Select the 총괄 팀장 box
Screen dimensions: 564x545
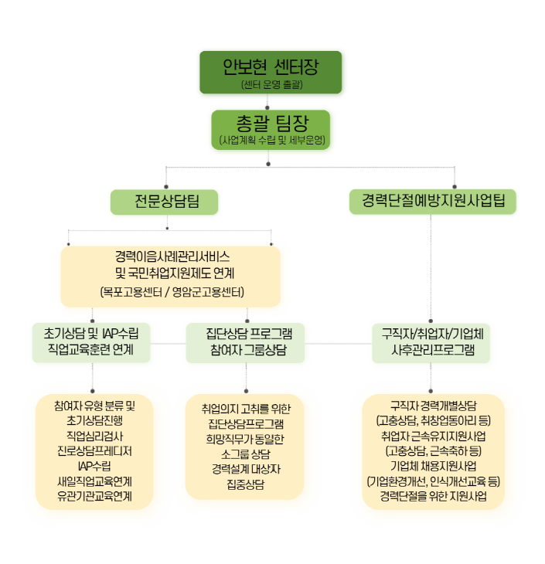(x=271, y=129)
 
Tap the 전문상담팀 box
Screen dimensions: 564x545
(x=164, y=202)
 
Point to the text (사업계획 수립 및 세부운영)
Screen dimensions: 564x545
(x=271, y=141)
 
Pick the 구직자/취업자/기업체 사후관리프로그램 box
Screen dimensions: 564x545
(x=432, y=342)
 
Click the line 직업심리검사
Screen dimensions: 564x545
(x=94, y=436)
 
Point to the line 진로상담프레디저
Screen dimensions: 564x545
(x=94, y=450)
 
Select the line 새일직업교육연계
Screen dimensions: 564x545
(x=94, y=481)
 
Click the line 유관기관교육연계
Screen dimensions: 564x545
(x=94, y=495)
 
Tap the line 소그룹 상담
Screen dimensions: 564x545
(x=245, y=454)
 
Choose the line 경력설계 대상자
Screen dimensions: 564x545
(x=245, y=468)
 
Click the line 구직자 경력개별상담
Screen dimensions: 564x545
(x=433, y=406)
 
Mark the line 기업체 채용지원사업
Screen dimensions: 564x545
(x=433, y=466)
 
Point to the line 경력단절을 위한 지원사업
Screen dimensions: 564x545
(x=433, y=496)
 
